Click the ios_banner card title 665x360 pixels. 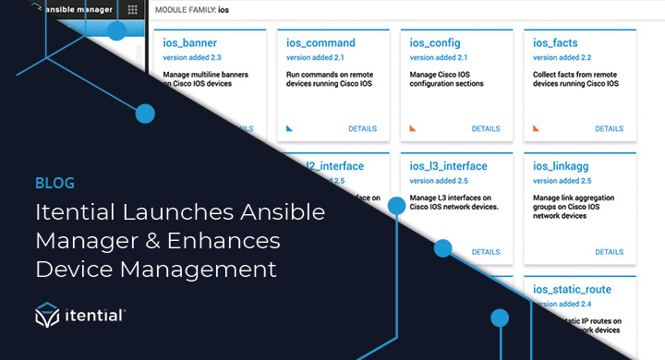[x=189, y=42]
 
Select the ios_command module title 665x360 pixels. [x=321, y=42]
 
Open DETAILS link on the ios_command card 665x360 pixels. [x=362, y=129]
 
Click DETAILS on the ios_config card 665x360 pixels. [x=485, y=129]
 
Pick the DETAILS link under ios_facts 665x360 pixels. [x=609, y=129]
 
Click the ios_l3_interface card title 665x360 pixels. [x=448, y=166]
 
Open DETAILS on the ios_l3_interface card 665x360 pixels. [x=485, y=252]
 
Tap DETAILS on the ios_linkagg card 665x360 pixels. [x=609, y=252]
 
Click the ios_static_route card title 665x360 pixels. [x=573, y=290]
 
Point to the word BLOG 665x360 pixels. [x=54, y=183]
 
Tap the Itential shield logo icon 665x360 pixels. [x=47, y=316]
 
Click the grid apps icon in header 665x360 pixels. [x=132, y=10]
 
